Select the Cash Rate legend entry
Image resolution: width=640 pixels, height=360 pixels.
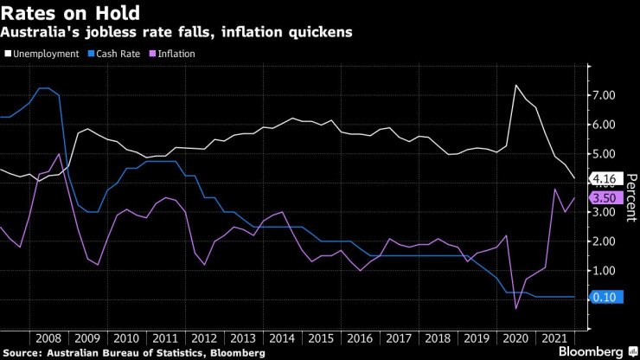coord(120,54)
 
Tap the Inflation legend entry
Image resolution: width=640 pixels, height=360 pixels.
coord(173,54)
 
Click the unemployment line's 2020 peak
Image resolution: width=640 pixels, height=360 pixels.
coord(515,85)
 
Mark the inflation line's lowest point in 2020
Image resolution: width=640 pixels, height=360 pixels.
coord(516,309)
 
